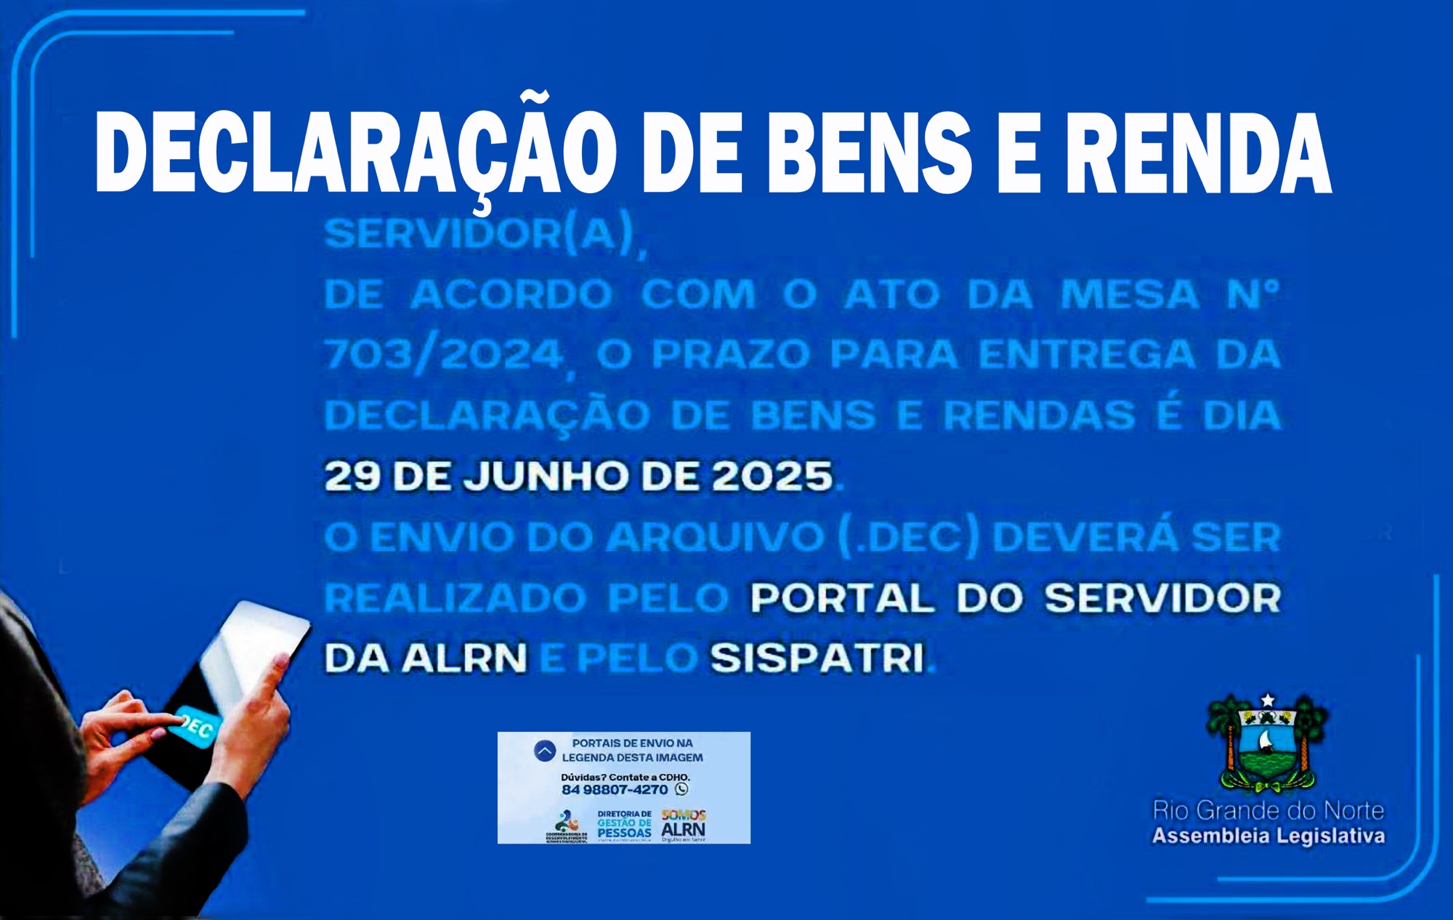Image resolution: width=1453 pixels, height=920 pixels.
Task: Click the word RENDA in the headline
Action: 1198,154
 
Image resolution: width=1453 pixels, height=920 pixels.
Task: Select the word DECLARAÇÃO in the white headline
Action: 355,154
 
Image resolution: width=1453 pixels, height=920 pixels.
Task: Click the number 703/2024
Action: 444,355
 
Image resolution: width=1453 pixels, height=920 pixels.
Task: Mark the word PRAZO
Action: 730,355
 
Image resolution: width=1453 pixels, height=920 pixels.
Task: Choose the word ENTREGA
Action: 1087,355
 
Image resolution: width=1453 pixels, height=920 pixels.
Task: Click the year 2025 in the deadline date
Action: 772,477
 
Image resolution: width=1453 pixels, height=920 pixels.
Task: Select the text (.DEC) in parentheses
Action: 908,538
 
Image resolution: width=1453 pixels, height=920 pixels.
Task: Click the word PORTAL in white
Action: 842,598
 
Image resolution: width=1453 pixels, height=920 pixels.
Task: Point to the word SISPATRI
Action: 818,658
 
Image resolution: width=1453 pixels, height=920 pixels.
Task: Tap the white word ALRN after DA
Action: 465,658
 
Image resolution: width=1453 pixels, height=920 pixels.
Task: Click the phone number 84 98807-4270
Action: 615,790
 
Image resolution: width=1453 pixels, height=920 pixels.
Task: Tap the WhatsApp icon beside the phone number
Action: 681,789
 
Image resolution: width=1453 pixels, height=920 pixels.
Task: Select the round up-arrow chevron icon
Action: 545,751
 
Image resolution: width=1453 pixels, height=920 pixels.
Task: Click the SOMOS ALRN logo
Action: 683,825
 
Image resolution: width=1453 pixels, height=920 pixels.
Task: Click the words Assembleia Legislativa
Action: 1268,836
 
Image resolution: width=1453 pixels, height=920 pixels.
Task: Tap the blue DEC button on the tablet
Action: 194,725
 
